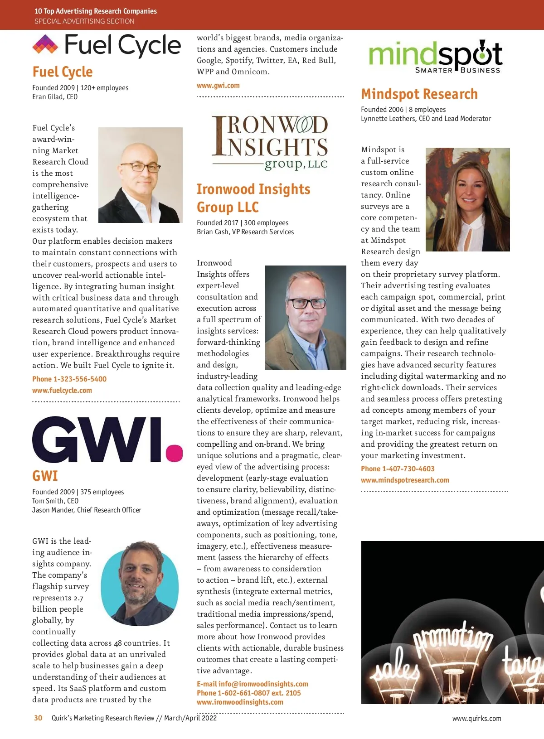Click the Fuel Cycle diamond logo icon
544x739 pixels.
(45, 44)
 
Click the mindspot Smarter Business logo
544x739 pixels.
(435, 57)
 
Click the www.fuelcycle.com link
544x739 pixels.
(62, 390)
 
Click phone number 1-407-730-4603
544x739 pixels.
(398, 469)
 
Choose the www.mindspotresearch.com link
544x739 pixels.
(405, 480)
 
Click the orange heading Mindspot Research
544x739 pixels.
(419, 94)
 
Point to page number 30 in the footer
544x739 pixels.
(38, 718)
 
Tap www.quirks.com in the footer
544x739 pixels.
(476, 718)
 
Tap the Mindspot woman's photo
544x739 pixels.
(467, 199)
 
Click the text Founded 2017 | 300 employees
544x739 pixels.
(243, 222)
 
